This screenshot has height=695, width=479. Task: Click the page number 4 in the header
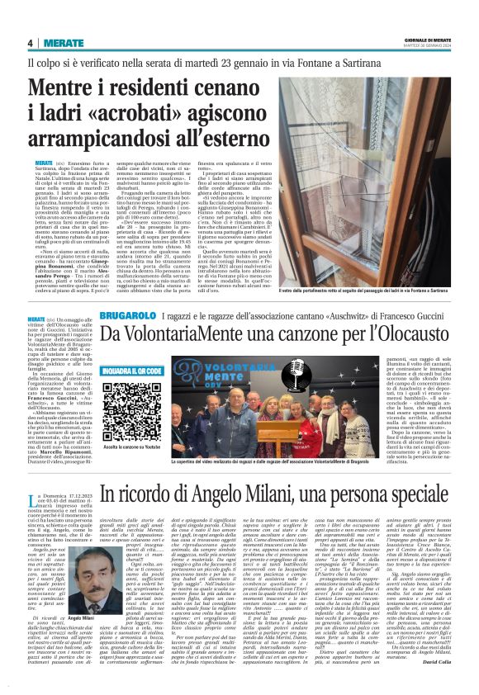coord(30,43)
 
